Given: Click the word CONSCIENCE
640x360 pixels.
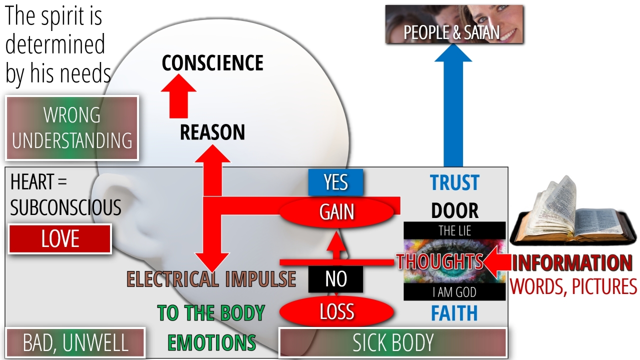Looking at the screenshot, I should (212, 63).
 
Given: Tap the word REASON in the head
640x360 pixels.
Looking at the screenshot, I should (212, 132).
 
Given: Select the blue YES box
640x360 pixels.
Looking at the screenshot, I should (335, 182).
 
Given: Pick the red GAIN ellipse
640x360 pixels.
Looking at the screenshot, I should (337, 212).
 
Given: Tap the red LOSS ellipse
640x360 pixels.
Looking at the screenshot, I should (337, 312).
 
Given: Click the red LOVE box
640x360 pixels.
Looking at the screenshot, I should (60, 239).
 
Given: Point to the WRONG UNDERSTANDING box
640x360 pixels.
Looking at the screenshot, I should (72, 128).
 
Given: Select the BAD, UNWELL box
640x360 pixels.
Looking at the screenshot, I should (75, 343).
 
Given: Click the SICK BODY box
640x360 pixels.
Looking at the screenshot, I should (393, 343).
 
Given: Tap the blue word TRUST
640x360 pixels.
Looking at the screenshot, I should (454, 183).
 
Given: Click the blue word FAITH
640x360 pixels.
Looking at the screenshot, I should (454, 313).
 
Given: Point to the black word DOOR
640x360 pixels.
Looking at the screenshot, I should (454, 211).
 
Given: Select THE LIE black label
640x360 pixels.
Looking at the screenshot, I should (454, 230).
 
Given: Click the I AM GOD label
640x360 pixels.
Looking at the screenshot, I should (454, 292).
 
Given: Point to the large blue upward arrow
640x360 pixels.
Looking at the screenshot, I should (453, 110).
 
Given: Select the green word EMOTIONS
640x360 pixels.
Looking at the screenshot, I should (211, 343).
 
